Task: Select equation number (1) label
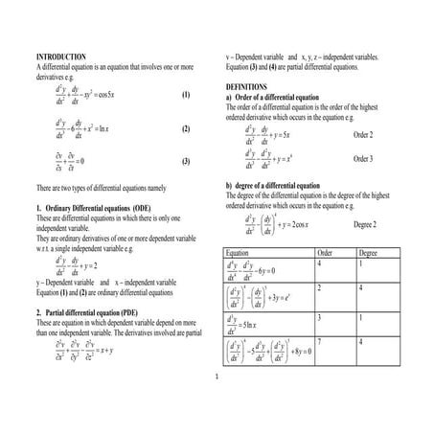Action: pyautogui.click(x=186, y=97)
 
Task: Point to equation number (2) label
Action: pyautogui.click(x=186, y=128)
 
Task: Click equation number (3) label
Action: pyautogui.click(x=186, y=161)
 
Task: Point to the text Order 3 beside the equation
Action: pyautogui.click(x=365, y=158)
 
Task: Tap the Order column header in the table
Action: pyautogui.click(x=324, y=252)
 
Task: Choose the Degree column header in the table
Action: pyautogui.click(x=368, y=252)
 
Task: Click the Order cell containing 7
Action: pyautogui.click(x=319, y=342)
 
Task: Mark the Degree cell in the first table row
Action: pyautogui.click(x=361, y=263)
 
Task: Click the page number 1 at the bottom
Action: pyautogui.click(x=217, y=375)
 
